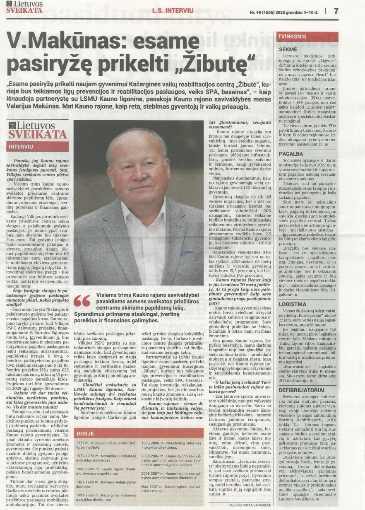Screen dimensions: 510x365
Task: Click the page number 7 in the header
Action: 336,11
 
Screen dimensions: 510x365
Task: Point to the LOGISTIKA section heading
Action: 293,304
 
